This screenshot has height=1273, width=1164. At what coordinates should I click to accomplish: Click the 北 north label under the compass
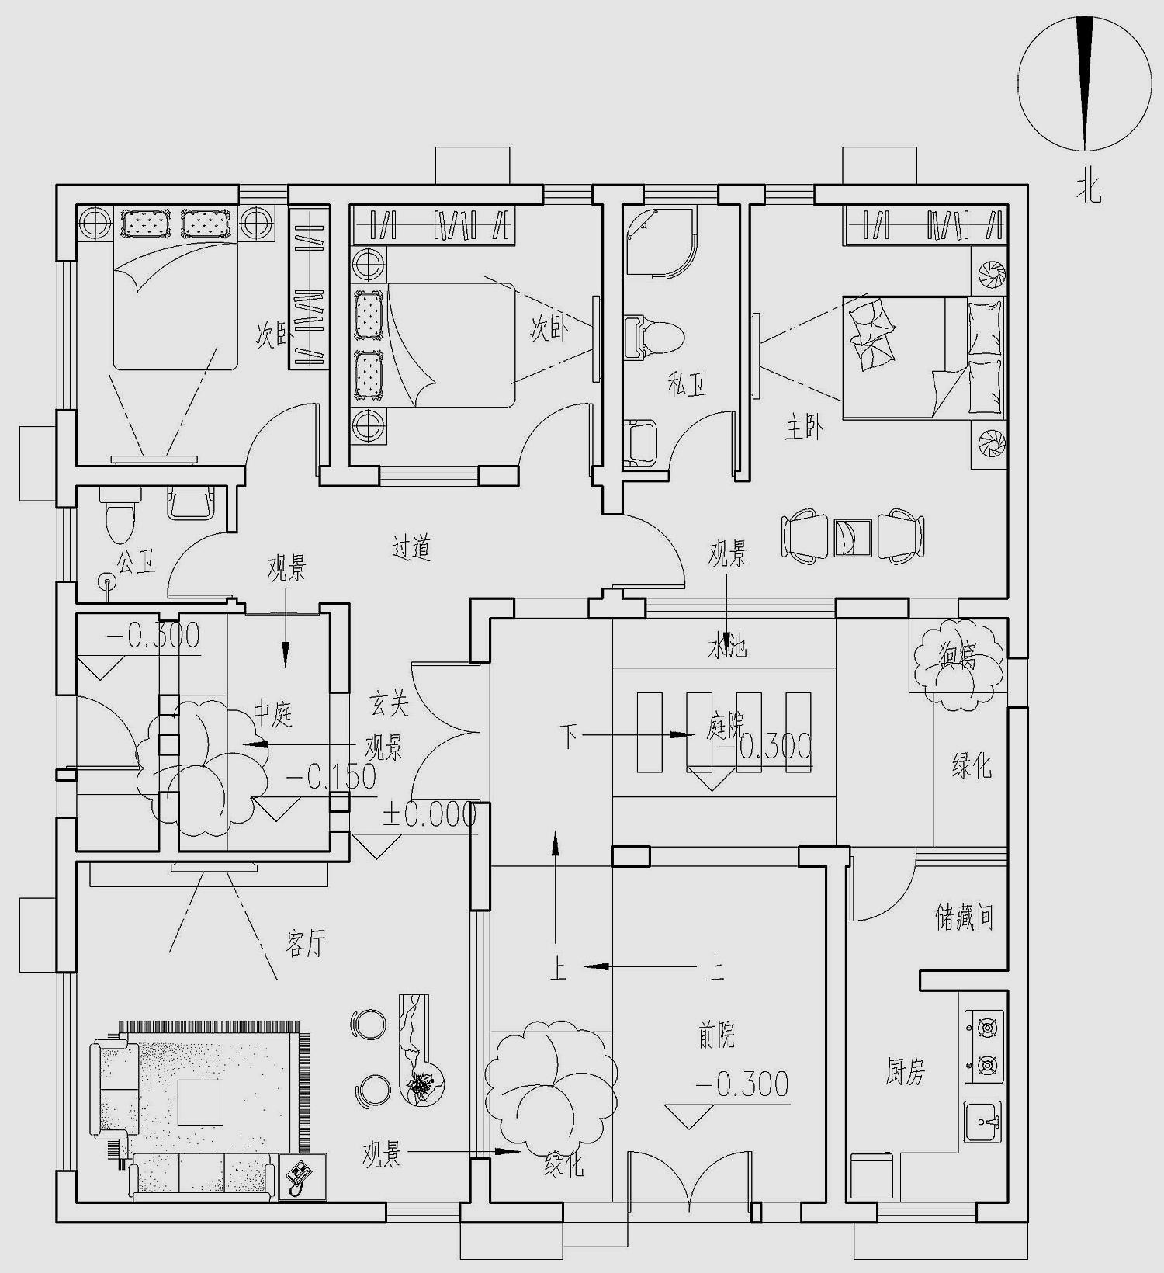(x=1088, y=187)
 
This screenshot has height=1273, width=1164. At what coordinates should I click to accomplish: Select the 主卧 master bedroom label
(x=804, y=428)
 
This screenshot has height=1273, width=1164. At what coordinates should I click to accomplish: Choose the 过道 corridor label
(x=411, y=548)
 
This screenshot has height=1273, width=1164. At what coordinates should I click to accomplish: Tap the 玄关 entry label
(x=389, y=704)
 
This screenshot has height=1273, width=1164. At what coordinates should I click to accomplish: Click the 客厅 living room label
(x=305, y=944)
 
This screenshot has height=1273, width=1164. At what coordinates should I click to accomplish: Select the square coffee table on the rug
(x=200, y=1101)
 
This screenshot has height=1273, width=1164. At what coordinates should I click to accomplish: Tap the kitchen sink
(x=982, y=1122)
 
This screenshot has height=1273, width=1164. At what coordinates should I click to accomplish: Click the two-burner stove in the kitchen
(x=984, y=1046)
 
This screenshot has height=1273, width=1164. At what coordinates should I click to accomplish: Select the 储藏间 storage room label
(x=963, y=917)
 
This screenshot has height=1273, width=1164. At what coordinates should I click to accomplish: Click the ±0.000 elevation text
(x=428, y=815)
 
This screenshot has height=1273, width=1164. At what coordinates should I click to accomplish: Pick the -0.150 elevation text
(x=331, y=777)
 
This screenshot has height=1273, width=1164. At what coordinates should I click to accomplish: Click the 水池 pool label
(x=726, y=646)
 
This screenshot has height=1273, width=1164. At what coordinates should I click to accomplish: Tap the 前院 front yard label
(x=715, y=1035)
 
